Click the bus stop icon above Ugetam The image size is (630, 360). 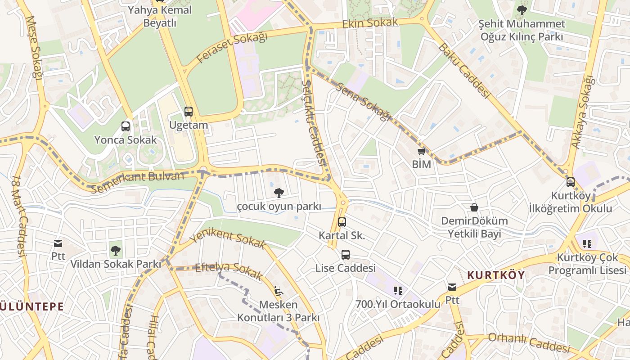(x=189, y=111)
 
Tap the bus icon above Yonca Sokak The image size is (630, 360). (x=126, y=126)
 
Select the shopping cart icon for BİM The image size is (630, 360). (x=421, y=151)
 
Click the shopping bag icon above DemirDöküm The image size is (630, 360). (x=474, y=207)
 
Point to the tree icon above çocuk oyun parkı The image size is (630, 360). (x=279, y=193)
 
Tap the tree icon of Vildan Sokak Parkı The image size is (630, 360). (x=116, y=250)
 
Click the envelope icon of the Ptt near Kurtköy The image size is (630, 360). (x=452, y=287)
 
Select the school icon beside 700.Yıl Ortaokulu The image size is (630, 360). (x=398, y=290)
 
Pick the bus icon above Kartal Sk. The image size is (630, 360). (x=342, y=222)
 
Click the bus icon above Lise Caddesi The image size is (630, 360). (x=345, y=255)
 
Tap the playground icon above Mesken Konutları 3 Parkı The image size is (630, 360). (x=279, y=291)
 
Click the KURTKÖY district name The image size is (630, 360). (x=496, y=275)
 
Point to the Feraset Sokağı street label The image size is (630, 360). (x=233, y=48)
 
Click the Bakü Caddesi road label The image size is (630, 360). (x=463, y=70)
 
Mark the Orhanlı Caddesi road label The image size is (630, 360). (x=529, y=343)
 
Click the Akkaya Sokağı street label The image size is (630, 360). (x=583, y=112)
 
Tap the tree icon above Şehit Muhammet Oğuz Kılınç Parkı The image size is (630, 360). (x=522, y=10)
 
